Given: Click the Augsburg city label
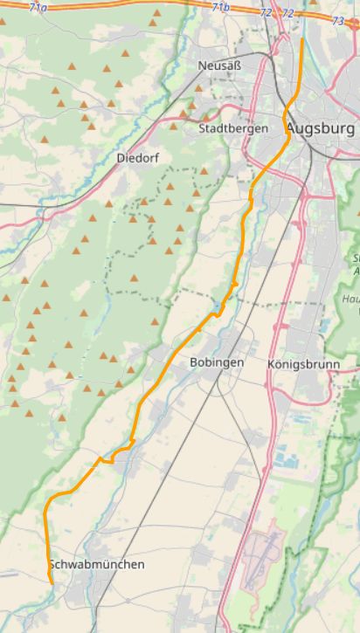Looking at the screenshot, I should click(320, 129).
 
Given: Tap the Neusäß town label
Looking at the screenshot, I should click(219, 65).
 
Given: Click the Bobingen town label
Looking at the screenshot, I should click(216, 361).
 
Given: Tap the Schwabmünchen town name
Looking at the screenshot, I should click(96, 565).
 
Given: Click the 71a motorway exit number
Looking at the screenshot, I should click(38, 7).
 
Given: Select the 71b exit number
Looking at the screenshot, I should click(221, 7).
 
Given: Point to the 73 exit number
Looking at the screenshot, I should click(337, 20).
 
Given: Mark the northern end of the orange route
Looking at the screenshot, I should click(302, 39).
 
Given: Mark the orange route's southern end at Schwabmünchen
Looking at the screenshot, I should click(52, 582).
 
